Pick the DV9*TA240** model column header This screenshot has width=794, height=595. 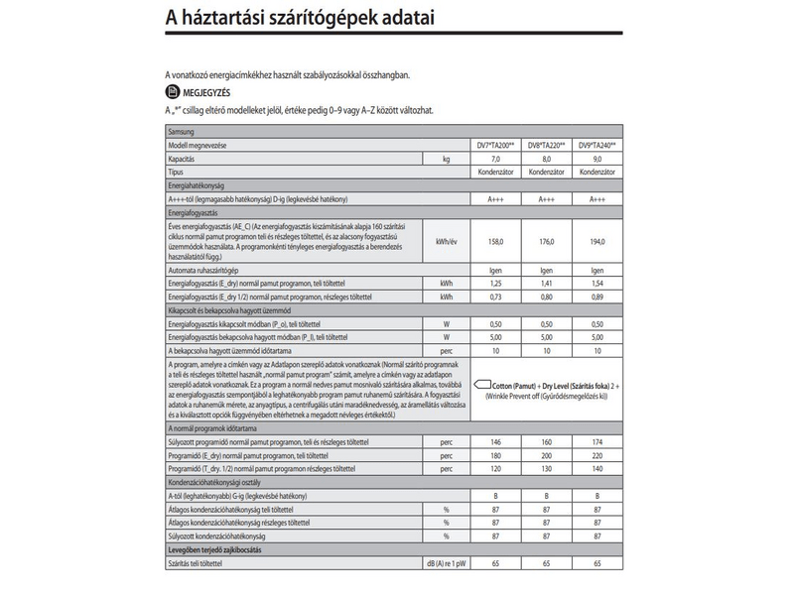597,145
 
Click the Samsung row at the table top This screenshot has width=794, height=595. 182,131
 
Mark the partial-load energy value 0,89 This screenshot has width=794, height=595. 597,296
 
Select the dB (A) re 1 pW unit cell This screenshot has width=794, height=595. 445,562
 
